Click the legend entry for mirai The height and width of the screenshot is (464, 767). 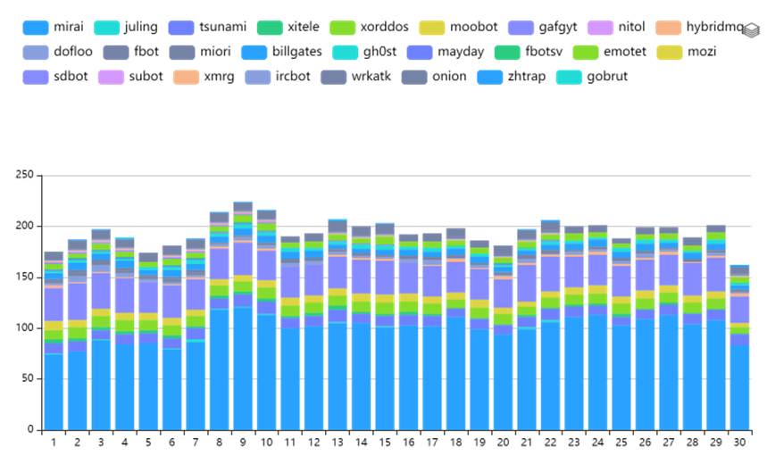point(53,27)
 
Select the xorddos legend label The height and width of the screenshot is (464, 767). point(369,27)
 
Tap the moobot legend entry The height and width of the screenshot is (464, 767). point(458,27)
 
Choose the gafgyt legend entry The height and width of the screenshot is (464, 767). point(543,27)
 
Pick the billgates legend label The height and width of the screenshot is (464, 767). point(281,52)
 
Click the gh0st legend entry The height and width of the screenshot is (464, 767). point(364,52)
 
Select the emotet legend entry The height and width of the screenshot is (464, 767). point(610,52)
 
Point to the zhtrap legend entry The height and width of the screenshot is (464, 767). point(511,77)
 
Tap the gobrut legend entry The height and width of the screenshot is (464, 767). point(592,77)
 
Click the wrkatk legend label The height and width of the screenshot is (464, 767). point(355,77)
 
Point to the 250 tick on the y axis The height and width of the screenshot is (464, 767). point(24,175)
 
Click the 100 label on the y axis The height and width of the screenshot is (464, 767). point(24,327)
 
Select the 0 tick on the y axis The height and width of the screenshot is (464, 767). point(30,429)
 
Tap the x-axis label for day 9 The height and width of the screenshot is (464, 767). point(243,443)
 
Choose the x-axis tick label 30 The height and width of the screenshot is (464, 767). point(739,443)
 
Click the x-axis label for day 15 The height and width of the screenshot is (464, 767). point(385,443)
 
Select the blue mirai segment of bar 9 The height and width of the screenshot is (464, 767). point(243,369)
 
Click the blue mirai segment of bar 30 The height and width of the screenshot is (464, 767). point(739,388)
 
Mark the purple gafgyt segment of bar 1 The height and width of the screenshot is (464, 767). point(54,304)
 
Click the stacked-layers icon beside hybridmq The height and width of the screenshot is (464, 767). point(751,30)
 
